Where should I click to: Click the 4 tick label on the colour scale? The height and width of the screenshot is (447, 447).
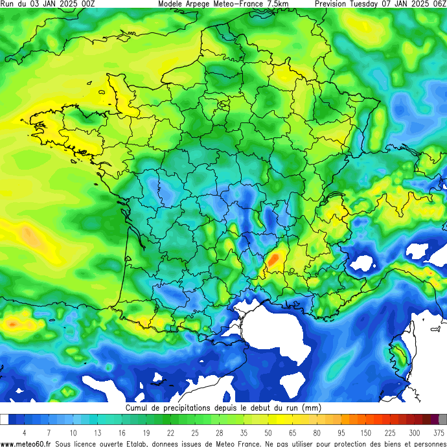pos(24,432)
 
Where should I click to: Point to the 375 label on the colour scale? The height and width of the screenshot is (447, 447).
pos(438,432)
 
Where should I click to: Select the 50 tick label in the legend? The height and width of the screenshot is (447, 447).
pos(268,432)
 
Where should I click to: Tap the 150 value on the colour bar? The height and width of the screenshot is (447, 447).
pos(365,432)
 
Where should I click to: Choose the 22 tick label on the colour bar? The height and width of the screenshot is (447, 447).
pos(170,432)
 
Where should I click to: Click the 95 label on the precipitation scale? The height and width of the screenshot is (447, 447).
pos(341,432)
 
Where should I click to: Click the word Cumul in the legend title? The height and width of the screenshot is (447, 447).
pos(137,408)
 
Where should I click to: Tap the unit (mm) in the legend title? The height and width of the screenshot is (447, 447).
pos(311,408)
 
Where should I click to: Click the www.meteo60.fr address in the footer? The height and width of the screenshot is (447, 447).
pos(26,443)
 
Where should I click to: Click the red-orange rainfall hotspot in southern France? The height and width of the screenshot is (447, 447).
pos(273,260)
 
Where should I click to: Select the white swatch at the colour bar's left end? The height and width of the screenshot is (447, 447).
pos(4,420)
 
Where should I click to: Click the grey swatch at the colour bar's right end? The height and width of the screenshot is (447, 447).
pos(442,420)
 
